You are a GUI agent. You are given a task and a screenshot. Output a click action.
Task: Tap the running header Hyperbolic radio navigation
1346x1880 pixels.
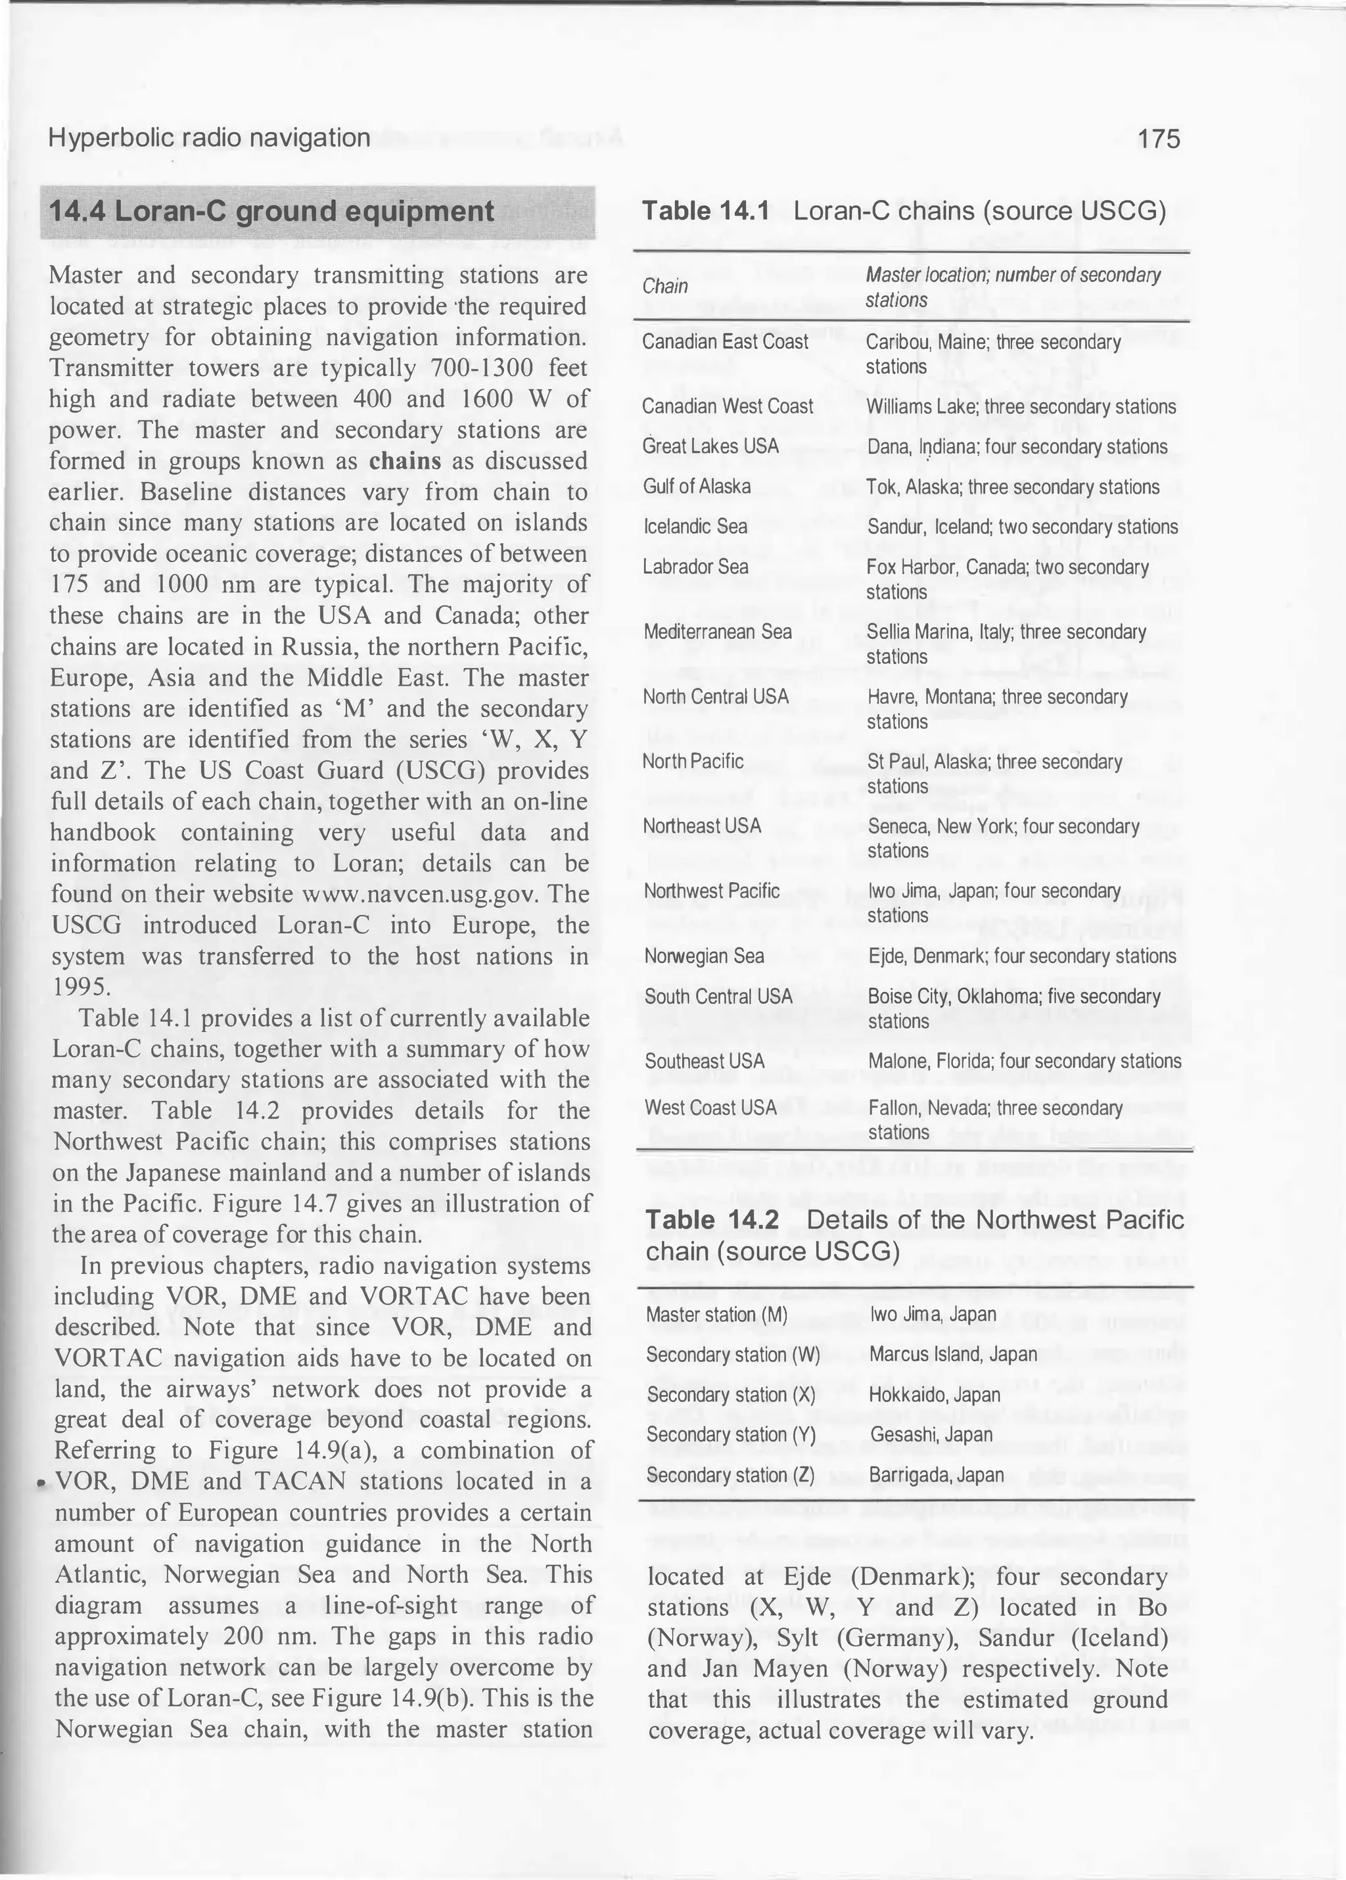tap(209, 137)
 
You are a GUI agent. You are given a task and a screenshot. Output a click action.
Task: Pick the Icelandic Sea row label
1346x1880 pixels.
tap(695, 527)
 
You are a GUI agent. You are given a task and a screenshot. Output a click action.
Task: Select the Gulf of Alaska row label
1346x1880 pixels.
tap(696, 486)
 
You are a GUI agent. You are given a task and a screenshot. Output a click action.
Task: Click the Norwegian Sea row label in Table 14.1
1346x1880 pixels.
tap(704, 956)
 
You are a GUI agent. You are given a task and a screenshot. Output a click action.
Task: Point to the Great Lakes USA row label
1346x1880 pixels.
tap(710, 446)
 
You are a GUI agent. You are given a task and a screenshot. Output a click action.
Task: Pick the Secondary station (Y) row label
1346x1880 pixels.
tap(731, 1434)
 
